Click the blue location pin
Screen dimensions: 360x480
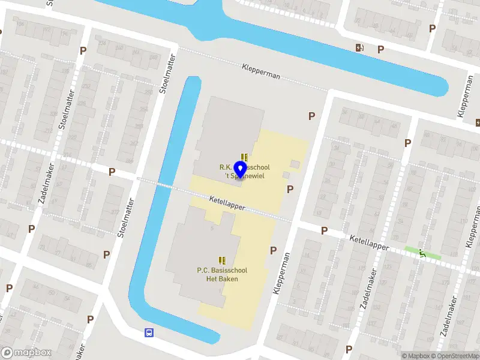click(241, 170)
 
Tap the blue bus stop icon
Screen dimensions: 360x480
click(148, 332)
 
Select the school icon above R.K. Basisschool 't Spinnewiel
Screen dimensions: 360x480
click(245, 157)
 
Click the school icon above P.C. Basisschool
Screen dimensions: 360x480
click(222, 261)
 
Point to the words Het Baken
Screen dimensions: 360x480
click(222, 279)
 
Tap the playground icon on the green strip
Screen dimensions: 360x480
click(422, 253)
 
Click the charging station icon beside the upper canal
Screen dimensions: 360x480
click(359, 48)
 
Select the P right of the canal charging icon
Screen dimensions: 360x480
click(380, 50)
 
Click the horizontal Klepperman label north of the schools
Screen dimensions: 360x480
click(262, 70)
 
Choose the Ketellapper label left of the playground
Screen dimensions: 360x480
click(369, 242)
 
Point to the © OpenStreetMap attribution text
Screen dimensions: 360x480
click(455, 356)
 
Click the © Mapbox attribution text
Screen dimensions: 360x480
click(416, 356)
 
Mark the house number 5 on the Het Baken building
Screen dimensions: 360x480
click(212, 227)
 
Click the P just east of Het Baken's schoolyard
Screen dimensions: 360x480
click(273, 251)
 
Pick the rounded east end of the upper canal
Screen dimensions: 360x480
click(443, 88)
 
